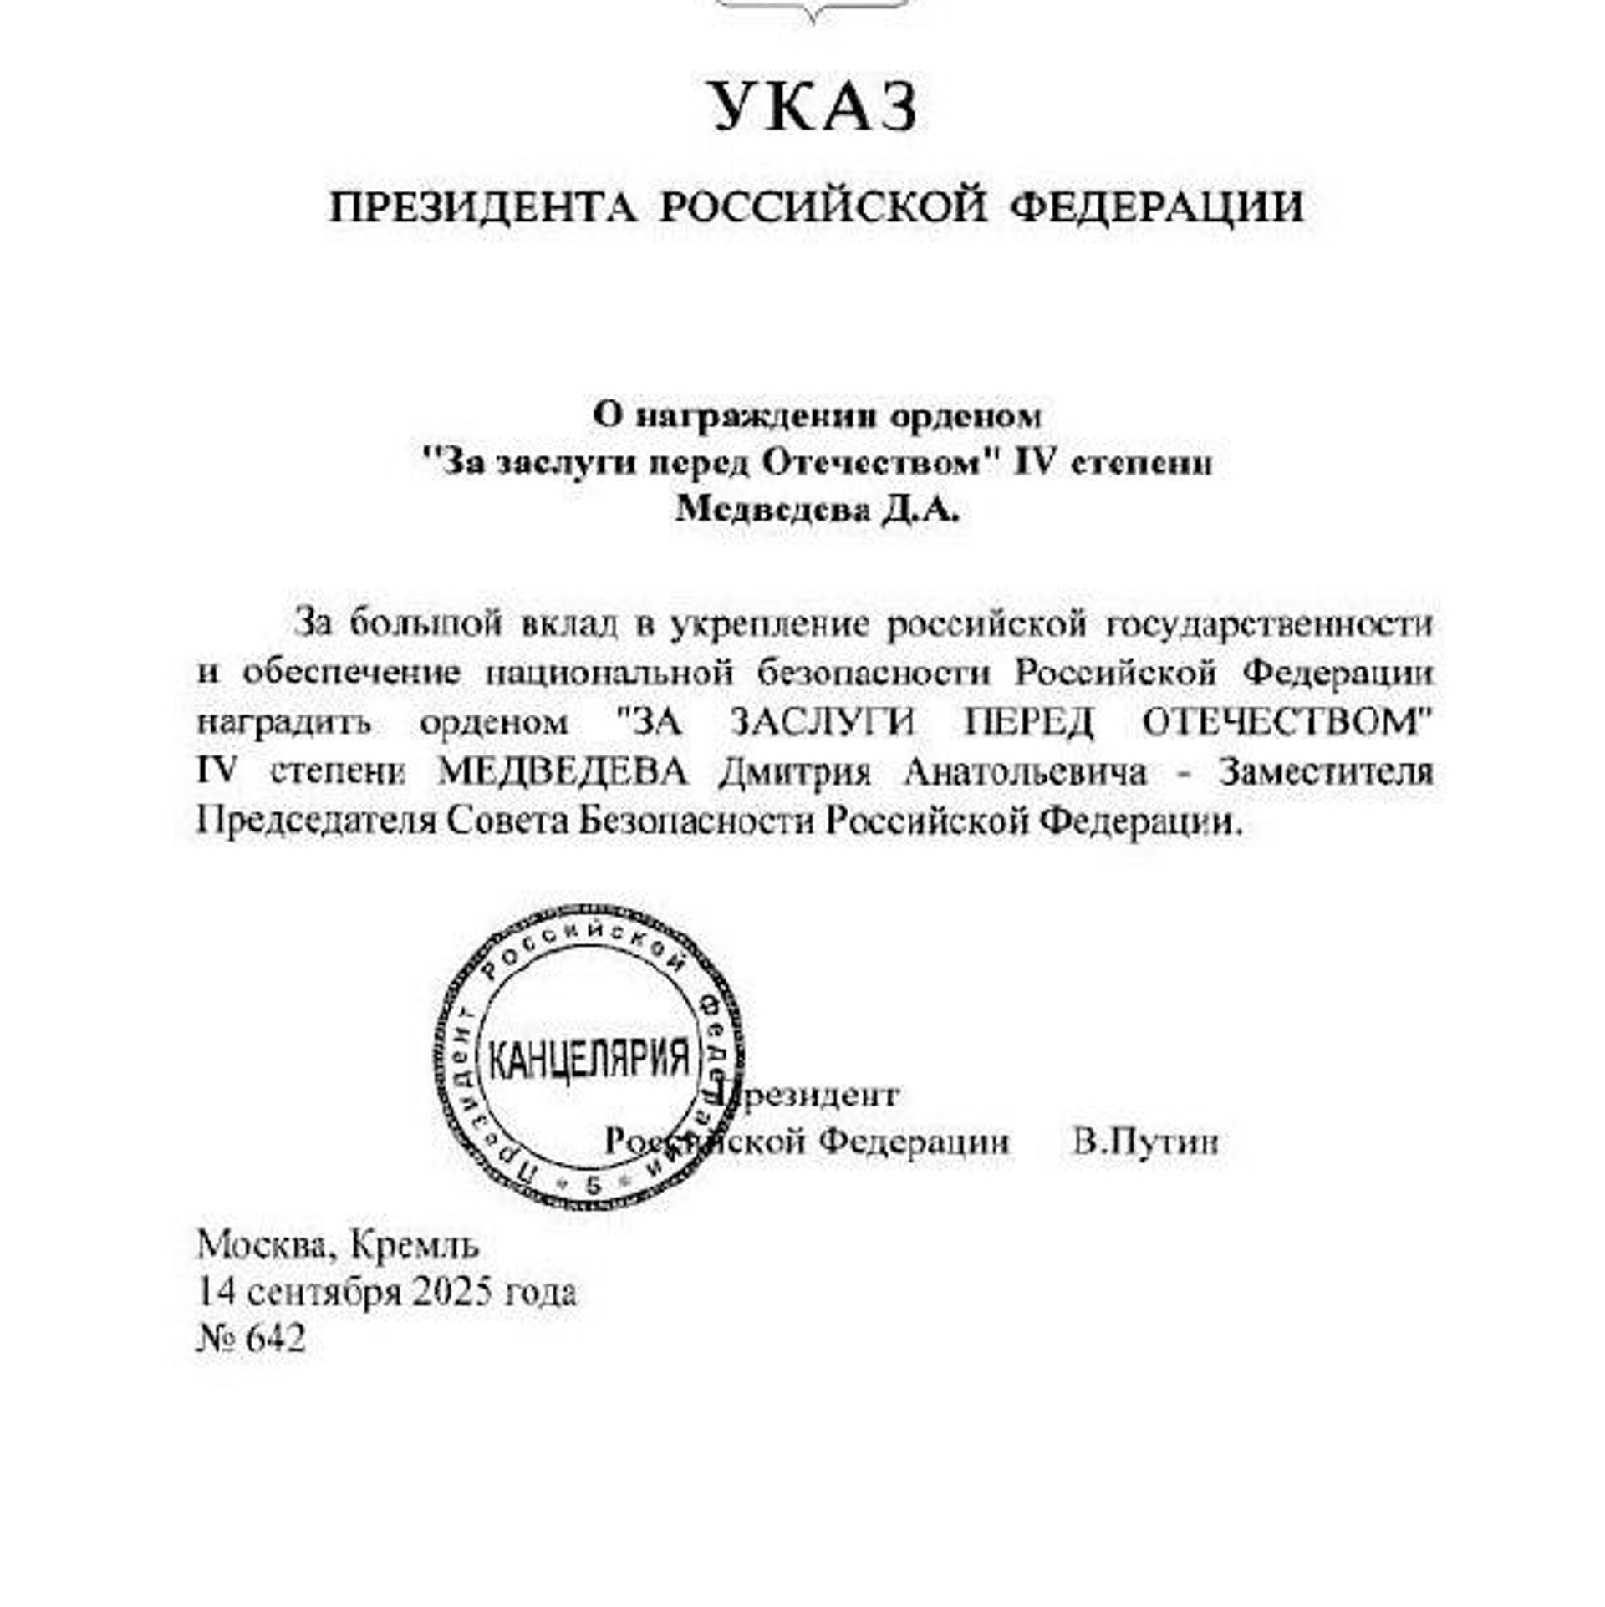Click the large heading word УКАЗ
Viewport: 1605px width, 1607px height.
(815, 107)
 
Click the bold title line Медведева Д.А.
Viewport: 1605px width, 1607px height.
(817, 509)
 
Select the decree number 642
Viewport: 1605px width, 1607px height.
(276, 1338)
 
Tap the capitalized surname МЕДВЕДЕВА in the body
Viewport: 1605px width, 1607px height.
(563, 771)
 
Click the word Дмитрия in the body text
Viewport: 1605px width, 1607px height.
(795, 771)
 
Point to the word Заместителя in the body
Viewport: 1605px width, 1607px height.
(1325, 771)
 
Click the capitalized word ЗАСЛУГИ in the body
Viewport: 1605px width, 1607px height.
(823, 722)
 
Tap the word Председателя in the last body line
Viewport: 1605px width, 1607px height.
(316, 821)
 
